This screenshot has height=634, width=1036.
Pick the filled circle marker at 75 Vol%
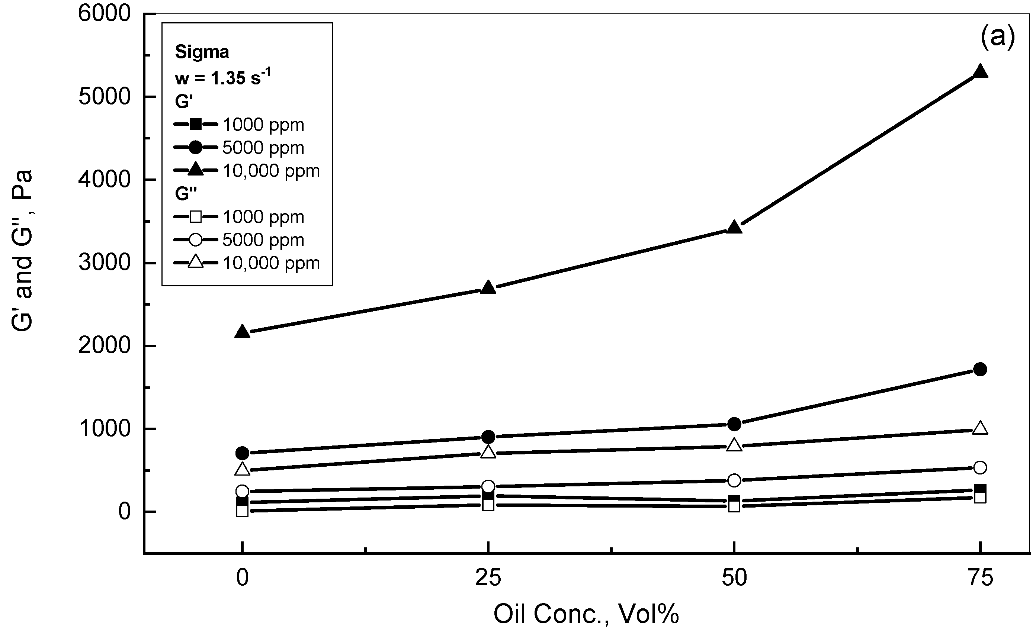click(x=980, y=370)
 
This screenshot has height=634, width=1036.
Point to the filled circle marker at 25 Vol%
click(x=488, y=437)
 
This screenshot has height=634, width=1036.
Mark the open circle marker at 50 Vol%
click(x=734, y=480)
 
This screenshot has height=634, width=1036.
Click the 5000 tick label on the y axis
click(x=104, y=97)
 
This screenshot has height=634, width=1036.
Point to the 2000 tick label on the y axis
click(x=104, y=346)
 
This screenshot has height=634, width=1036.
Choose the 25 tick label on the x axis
click(x=488, y=578)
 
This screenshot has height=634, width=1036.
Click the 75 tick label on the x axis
click(x=980, y=578)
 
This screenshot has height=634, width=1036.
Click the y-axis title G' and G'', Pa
click(x=22, y=251)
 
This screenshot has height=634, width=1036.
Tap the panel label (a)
click(x=997, y=37)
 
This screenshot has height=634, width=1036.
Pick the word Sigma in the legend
click(x=202, y=52)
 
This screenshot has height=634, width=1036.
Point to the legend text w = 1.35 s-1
click(x=222, y=78)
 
